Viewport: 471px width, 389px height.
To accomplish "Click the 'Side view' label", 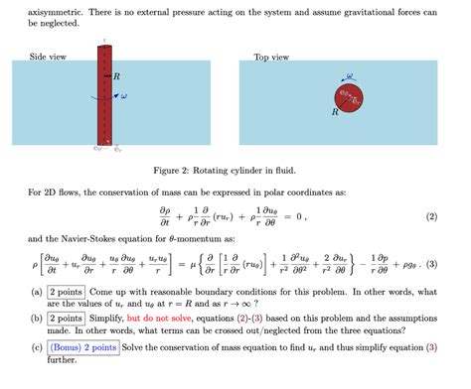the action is [49, 57].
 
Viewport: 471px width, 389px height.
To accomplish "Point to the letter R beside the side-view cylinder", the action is [117, 75].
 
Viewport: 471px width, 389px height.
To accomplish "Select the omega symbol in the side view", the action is [123, 96].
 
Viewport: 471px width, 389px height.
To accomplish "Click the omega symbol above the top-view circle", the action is [349, 73].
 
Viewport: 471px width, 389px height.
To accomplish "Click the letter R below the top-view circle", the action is [335, 113].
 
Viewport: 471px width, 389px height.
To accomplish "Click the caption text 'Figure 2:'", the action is [175, 170].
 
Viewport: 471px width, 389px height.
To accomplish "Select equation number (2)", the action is [431, 216].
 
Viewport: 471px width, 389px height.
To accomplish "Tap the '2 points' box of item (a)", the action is [66, 293].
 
